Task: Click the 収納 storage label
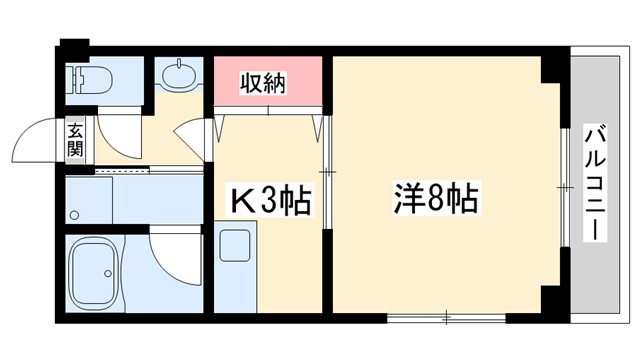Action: coord(264,84)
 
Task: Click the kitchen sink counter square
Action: coord(236,244)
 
